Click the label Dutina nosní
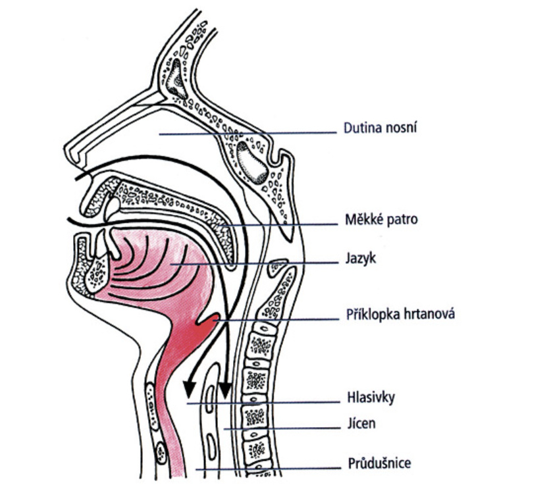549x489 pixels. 379,128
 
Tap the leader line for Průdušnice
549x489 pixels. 276,469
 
